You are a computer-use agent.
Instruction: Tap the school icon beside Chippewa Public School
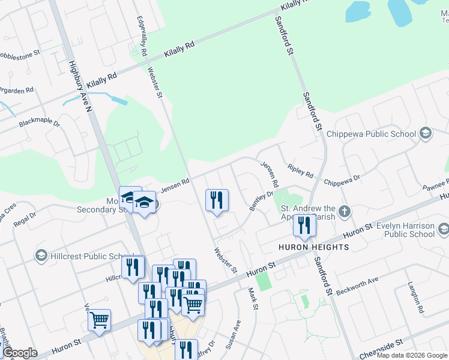426,133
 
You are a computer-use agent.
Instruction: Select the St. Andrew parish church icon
344,211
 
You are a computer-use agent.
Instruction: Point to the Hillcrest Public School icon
41,256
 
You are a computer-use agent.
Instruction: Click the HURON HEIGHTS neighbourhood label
313,247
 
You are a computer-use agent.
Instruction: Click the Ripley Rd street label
300,170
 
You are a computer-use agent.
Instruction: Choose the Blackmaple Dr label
40,123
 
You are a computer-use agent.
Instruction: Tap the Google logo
20,352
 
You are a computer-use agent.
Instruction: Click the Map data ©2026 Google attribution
412,355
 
